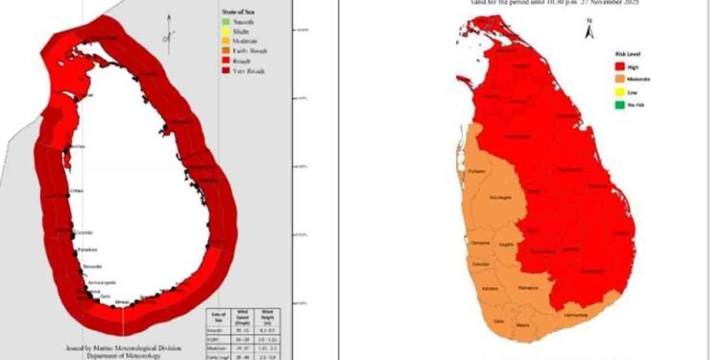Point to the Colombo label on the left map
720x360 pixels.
pyautogui.click(x=84, y=231)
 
